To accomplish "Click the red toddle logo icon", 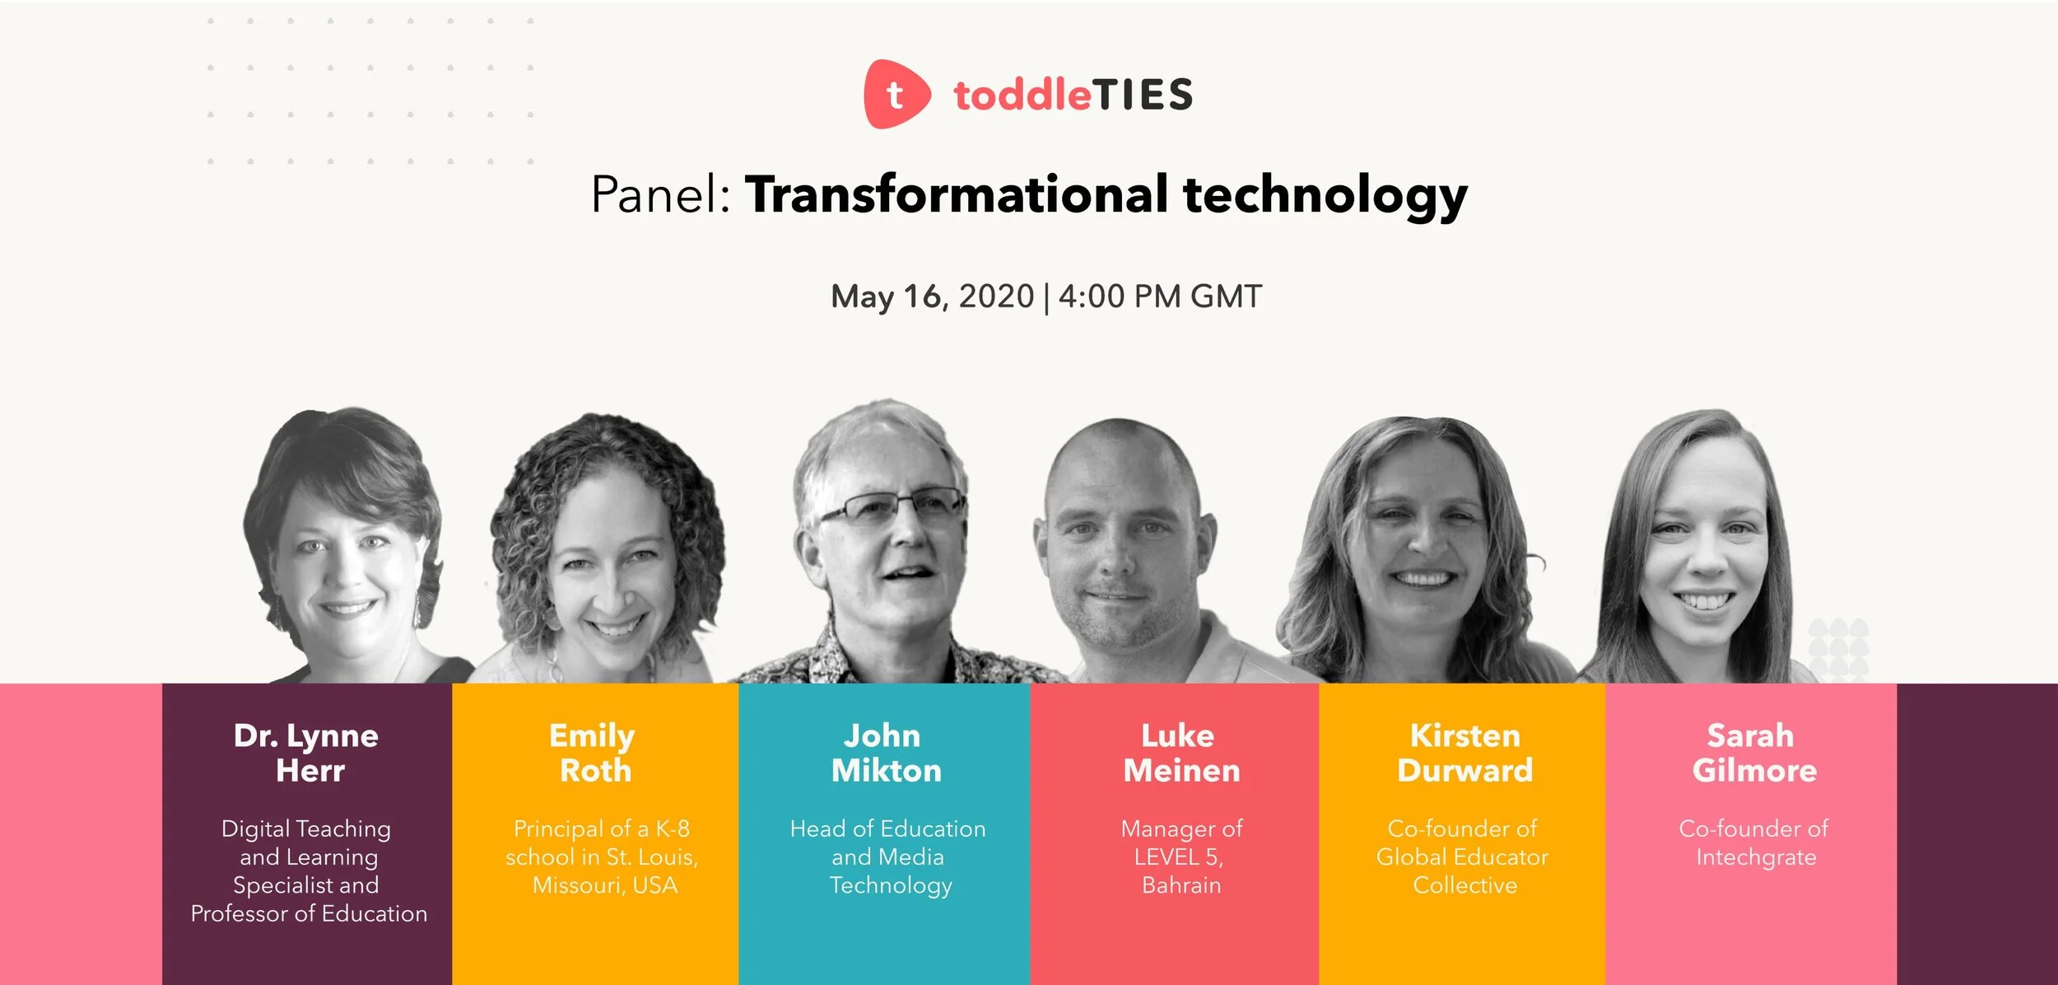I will (x=896, y=94).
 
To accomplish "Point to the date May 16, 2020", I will (x=932, y=296).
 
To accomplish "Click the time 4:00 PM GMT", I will (x=1160, y=296).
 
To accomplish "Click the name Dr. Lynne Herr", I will (x=306, y=753).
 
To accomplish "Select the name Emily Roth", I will (x=594, y=753).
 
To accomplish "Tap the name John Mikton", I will (x=884, y=753).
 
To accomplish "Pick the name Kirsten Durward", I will (x=1464, y=753).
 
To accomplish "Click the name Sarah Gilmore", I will (x=1753, y=753).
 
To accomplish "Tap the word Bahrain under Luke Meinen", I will (x=1181, y=885).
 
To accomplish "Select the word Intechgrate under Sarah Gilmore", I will (x=1755, y=857).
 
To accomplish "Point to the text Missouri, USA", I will (x=605, y=885).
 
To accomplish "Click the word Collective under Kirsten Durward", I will (x=1464, y=885).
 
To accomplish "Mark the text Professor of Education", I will (x=309, y=913).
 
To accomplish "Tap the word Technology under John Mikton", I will (x=891, y=885).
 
